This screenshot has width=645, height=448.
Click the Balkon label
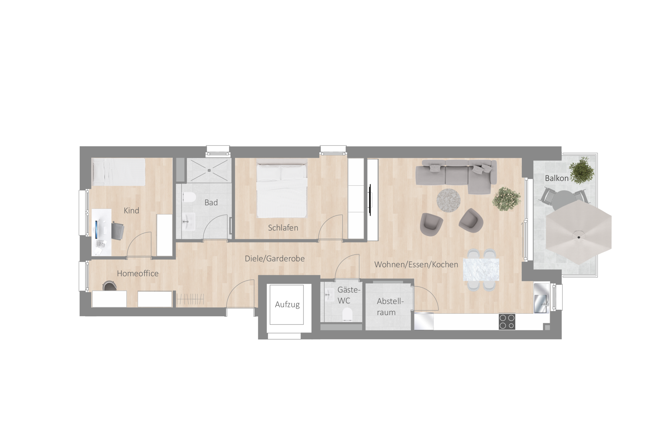[556, 178]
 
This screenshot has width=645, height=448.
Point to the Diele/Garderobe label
[275, 259]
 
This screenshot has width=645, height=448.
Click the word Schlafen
[283, 228]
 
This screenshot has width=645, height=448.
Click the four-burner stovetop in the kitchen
[507, 321]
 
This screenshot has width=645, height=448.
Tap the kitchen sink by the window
[541, 298]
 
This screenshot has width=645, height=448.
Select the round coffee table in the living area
[448, 200]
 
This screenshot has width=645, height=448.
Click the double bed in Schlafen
[282, 188]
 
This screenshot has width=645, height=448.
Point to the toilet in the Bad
[189, 197]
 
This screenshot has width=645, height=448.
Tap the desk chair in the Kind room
[118, 231]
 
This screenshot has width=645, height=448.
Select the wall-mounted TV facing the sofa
[370, 200]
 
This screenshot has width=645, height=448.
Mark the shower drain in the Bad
[209, 170]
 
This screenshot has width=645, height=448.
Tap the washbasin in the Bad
[188, 221]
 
